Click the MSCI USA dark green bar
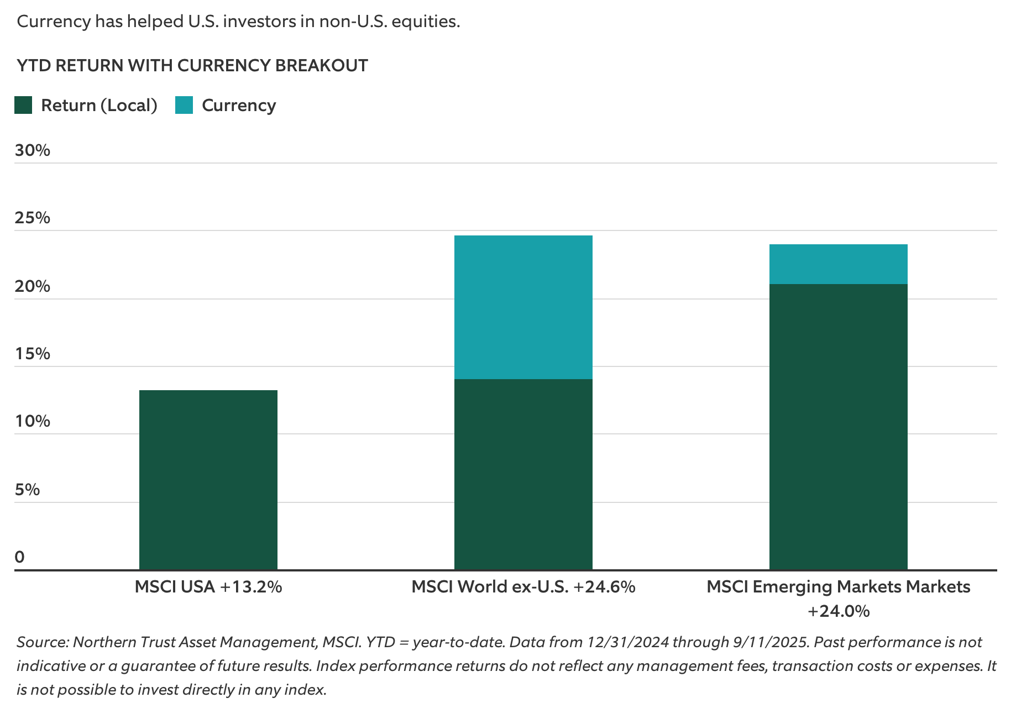pyautogui.click(x=208, y=480)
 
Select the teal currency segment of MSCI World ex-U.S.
pyautogui.click(x=523, y=307)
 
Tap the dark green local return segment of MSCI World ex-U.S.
pyautogui.click(x=523, y=474)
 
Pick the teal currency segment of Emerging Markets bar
pyautogui.click(x=838, y=264)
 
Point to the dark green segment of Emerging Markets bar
pyautogui.click(x=838, y=427)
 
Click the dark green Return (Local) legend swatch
pyautogui.click(x=23, y=105)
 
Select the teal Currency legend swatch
pyautogui.click(x=184, y=105)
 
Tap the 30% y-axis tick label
pyautogui.click(x=32, y=150)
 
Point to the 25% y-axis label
pyautogui.click(x=32, y=218)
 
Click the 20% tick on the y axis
pyautogui.click(x=32, y=286)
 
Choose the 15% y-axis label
pyautogui.click(x=32, y=354)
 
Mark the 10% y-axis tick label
pyautogui.click(x=32, y=422)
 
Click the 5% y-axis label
pyautogui.click(x=27, y=490)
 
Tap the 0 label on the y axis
pyautogui.click(x=20, y=557)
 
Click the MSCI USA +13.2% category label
pyautogui.click(x=208, y=587)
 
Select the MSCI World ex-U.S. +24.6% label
pyautogui.click(x=523, y=587)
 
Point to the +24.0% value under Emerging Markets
pyautogui.click(x=838, y=611)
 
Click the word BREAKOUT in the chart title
pyautogui.click(x=321, y=66)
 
